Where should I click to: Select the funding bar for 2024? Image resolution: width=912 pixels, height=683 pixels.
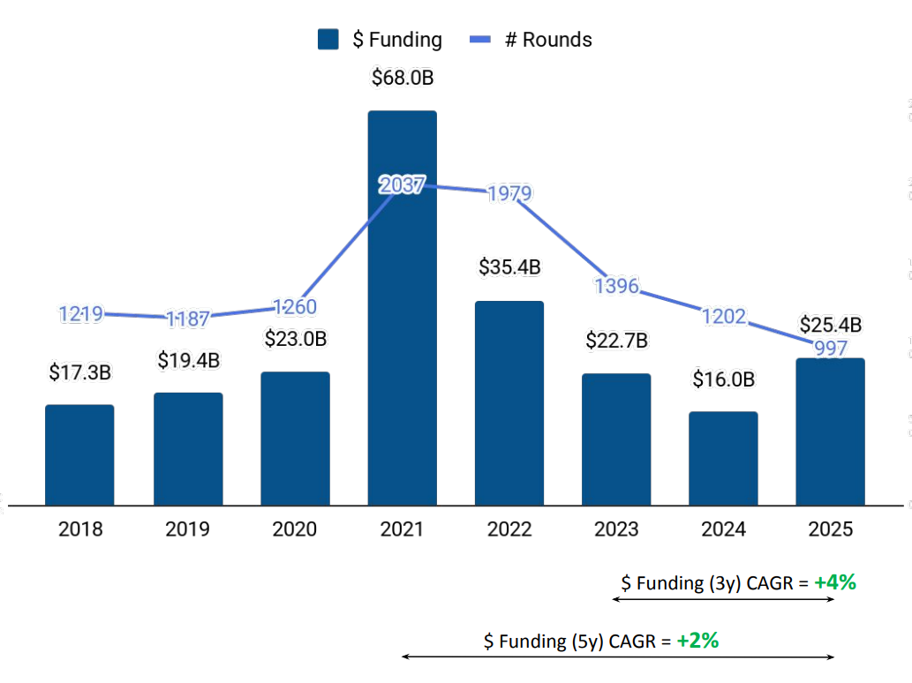(x=723, y=458)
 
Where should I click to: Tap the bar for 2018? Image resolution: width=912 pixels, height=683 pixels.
(x=79, y=454)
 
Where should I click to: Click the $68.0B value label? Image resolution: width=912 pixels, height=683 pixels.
(x=402, y=79)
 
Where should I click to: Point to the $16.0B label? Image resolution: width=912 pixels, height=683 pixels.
(x=723, y=379)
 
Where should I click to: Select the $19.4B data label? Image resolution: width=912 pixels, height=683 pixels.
(x=188, y=360)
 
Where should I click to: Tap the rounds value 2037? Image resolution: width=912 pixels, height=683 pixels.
(x=402, y=185)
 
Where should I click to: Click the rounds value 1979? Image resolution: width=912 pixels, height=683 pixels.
(x=509, y=193)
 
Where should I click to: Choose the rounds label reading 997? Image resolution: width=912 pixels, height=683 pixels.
(x=831, y=347)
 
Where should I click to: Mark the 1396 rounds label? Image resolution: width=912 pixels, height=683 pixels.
(x=616, y=285)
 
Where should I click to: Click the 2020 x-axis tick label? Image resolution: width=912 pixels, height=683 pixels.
(x=295, y=529)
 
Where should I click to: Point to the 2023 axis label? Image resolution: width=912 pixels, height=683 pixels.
(x=616, y=529)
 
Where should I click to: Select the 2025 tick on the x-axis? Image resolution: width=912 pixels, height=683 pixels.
(x=831, y=529)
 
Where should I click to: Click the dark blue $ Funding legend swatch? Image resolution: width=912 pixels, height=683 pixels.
(x=328, y=40)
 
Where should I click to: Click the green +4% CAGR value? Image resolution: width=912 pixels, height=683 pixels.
(x=835, y=582)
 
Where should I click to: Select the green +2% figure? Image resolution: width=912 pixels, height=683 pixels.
(x=697, y=641)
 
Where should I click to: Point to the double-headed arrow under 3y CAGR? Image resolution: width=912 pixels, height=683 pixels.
(x=723, y=599)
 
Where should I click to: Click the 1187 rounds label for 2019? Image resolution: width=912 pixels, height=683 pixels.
(x=188, y=319)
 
